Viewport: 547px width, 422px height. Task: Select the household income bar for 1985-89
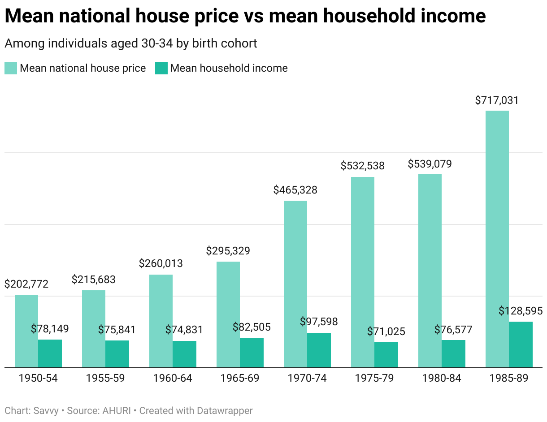coord(521,344)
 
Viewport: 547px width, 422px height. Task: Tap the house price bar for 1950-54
coord(26,331)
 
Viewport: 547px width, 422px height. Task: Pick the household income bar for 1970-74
coord(319,350)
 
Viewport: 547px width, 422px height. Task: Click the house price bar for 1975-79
coord(363,272)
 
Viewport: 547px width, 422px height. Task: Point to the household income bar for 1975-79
coord(386,355)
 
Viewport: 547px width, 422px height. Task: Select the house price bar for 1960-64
coord(161,321)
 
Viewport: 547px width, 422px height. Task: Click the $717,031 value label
coord(497,100)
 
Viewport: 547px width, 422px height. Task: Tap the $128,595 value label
coord(521,311)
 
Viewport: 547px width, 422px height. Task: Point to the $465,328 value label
coord(295,190)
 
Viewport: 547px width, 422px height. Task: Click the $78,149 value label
coord(50,329)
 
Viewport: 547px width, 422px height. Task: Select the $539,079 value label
coord(430,164)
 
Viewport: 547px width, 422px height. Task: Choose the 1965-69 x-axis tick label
coord(240,379)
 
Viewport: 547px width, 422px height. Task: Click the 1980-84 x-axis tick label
coord(442,379)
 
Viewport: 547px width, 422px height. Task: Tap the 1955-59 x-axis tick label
coord(105,379)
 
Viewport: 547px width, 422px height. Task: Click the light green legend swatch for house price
coord(11,68)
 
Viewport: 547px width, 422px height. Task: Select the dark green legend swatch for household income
coord(161,68)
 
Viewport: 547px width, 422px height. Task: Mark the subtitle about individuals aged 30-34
coord(130,43)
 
